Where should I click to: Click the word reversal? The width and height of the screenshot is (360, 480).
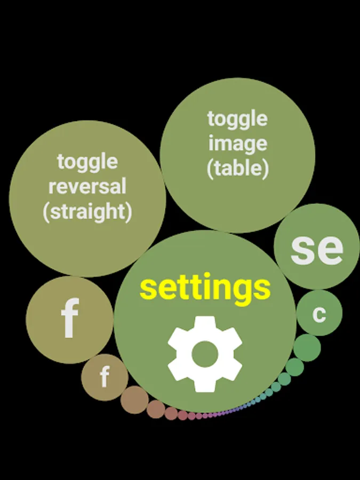87,187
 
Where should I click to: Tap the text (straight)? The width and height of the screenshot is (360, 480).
87,212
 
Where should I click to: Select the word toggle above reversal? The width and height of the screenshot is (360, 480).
87,161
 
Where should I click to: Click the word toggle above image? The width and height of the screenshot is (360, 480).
237,118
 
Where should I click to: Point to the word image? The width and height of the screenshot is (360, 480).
237,143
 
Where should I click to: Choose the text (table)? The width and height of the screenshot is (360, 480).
237,169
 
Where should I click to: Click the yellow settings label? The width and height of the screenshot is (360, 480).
205,288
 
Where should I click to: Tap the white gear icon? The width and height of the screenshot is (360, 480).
205,354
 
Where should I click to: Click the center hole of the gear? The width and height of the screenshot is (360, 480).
205,354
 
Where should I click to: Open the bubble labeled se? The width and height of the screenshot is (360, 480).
317,247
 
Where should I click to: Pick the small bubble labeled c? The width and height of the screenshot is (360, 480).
319,313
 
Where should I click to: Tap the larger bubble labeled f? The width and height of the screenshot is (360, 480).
69,319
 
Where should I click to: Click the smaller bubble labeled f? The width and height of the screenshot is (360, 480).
105,378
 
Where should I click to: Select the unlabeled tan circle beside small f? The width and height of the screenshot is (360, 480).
134,400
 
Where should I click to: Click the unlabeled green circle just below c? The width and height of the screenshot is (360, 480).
307,348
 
